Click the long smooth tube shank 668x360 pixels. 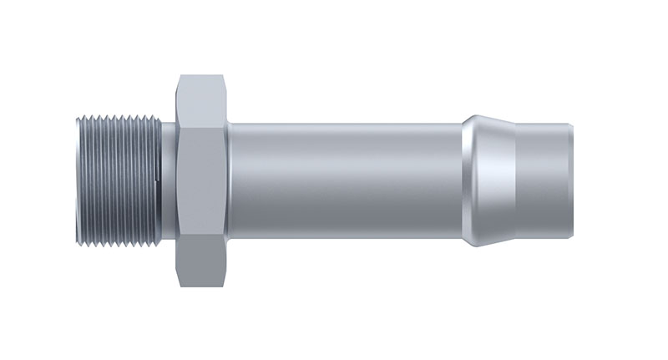[x=342, y=179]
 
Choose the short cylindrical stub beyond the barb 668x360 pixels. [x=543, y=179]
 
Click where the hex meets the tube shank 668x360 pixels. [x=228, y=179]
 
